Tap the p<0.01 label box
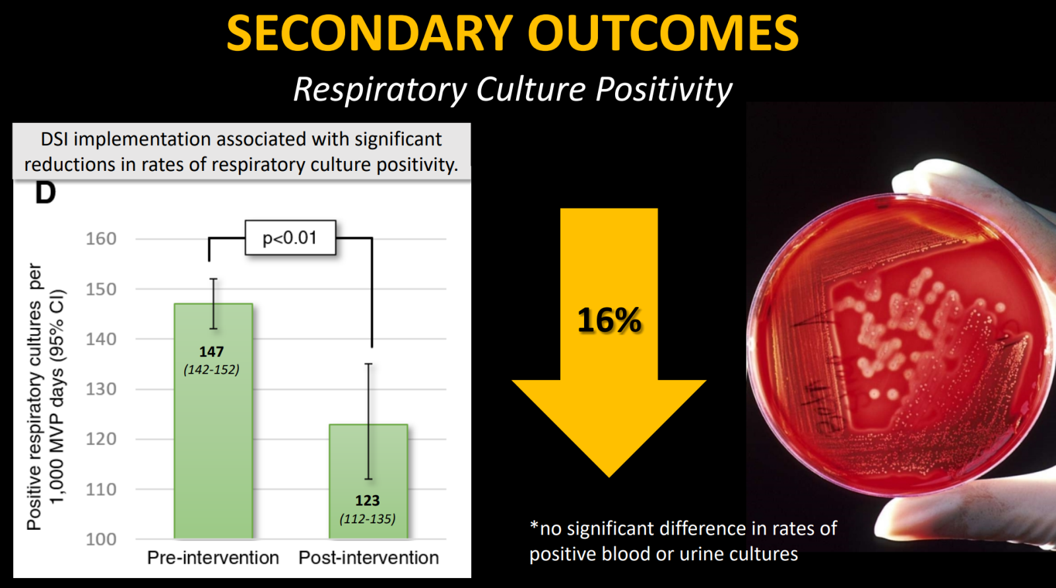point(290,238)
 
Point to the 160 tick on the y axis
point(101,239)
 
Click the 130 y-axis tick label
point(101,389)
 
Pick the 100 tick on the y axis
point(101,539)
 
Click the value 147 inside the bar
point(211,352)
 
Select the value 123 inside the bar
point(368,501)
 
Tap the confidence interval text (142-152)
point(211,370)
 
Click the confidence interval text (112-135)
point(368,519)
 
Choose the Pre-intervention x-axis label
point(213,558)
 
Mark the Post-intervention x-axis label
point(368,558)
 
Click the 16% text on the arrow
point(609,321)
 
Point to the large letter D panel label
point(45,193)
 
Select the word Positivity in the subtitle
point(664,90)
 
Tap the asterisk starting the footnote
point(534,525)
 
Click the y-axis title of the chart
point(46,396)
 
